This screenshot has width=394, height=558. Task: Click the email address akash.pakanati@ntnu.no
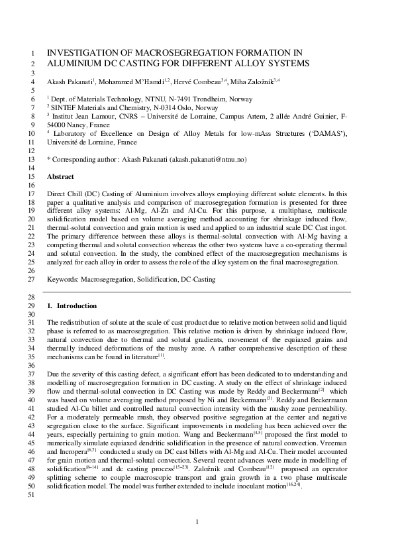coord(208,160)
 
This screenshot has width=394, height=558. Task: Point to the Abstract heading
coord(60,178)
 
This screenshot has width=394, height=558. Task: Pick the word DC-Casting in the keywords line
coord(198,280)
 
